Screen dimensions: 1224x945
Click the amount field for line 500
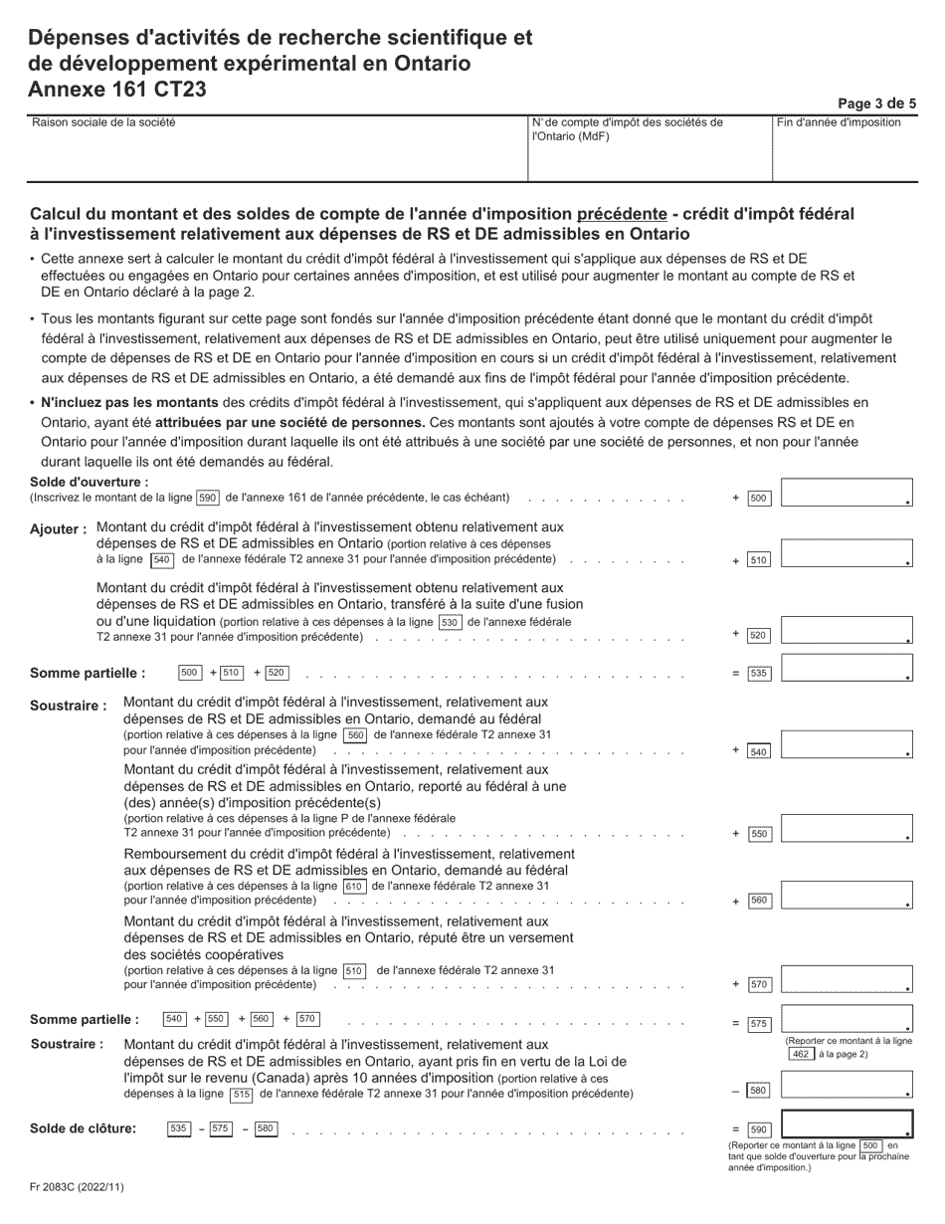tap(847, 494)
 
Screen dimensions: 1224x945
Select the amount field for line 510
tap(847, 553)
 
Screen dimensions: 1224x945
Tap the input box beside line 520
tap(847, 631)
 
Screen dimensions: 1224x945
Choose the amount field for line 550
tap(847, 828)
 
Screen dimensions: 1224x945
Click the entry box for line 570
tap(847, 979)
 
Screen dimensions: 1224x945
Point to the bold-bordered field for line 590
tap(847, 1123)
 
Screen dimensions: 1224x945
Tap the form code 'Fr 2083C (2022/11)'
tap(78, 1186)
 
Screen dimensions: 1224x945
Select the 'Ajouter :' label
tap(59, 529)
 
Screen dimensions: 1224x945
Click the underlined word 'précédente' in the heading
tap(622, 214)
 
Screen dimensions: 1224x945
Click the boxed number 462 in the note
tap(801, 1054)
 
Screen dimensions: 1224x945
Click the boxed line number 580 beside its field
tap(759, 1091)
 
